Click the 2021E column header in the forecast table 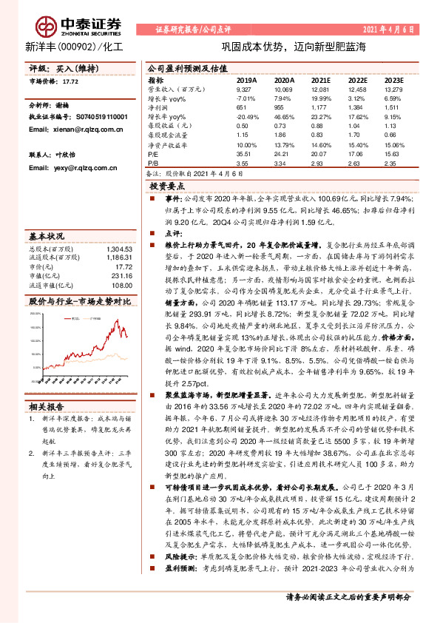point(320,80)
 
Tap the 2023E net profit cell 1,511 point(393,107)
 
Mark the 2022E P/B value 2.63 point(356,161)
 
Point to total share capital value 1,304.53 point(120,249)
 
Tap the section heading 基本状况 point(44,235)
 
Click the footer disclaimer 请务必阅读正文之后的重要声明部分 point(348,597)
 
